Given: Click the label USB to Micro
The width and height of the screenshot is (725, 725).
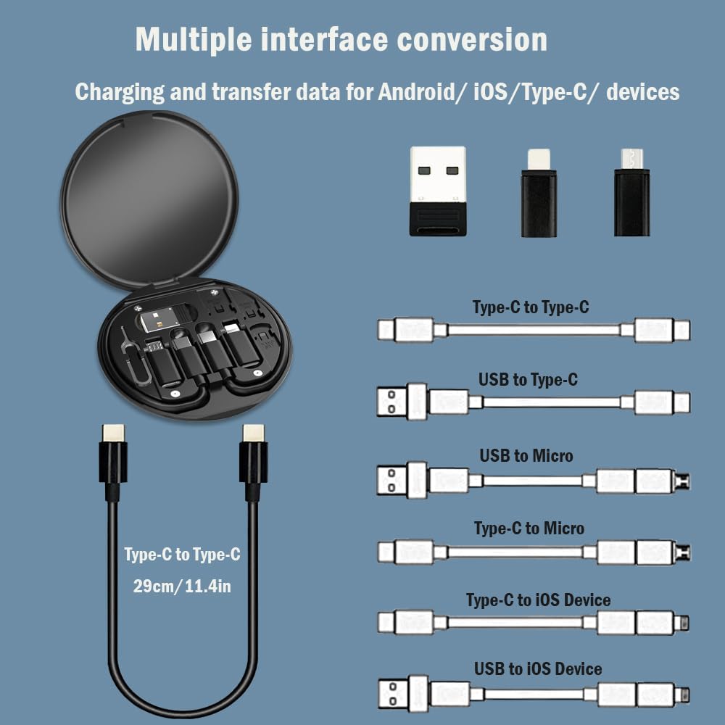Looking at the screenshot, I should [526, 456].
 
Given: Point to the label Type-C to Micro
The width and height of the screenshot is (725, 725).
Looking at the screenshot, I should [529, 529].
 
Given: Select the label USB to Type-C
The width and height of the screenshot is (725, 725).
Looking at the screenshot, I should [528, 379].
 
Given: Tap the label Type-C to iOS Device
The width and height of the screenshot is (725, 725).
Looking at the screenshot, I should [538, 600].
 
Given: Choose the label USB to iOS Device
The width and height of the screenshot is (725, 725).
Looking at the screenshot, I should [538, 668].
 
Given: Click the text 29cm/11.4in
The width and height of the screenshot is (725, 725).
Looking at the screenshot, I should [182, 586].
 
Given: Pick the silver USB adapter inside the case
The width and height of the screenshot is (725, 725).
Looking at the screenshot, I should [164, 319].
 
